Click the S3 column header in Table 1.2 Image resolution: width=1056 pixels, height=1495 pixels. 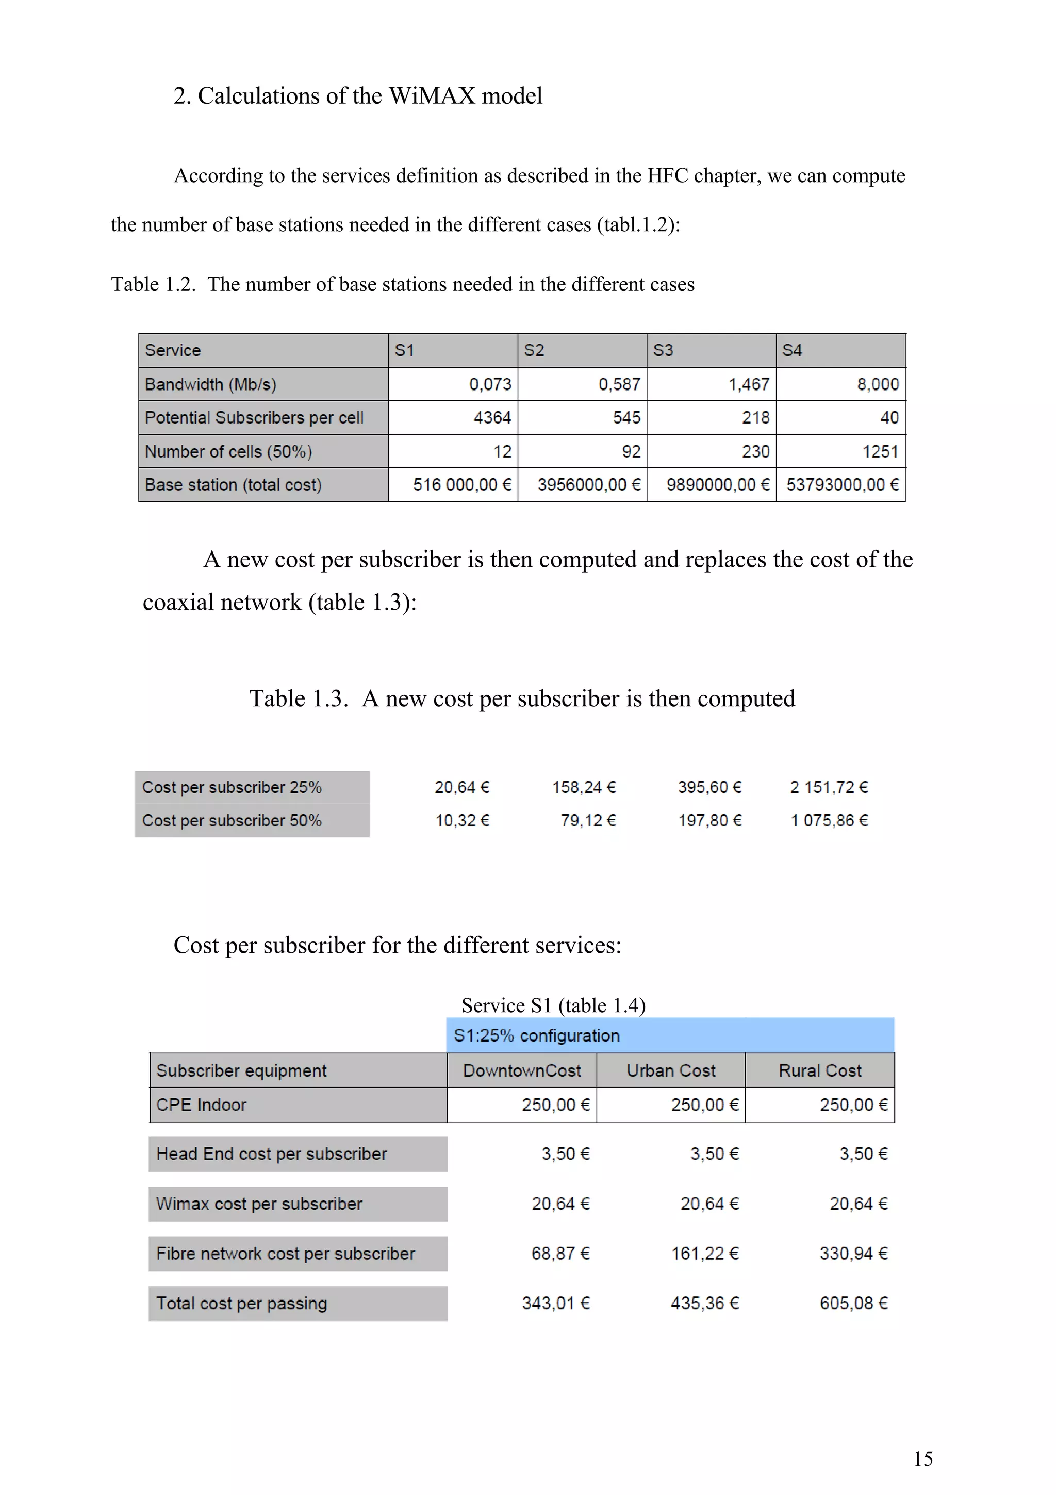click(663, 350)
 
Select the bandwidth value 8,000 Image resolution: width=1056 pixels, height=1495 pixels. click(877, 384)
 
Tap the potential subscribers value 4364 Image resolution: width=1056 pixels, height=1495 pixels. click(492, 417)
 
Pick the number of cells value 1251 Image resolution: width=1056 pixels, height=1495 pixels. click(880, 451)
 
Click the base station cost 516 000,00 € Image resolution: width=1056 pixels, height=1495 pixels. click(461, 484)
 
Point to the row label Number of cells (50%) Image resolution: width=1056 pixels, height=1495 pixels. click(228, 451)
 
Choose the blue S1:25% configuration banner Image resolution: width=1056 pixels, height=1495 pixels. click(670, 1035)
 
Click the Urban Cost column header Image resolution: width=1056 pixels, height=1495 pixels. click(670, 1070)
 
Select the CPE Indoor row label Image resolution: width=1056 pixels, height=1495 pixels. click(201, 1105)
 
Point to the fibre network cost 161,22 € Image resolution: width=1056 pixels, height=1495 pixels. click(705, 1254)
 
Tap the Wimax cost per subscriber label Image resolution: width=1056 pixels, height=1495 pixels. click(259, 1204)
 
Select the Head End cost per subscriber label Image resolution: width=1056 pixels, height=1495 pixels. click(271, 1154)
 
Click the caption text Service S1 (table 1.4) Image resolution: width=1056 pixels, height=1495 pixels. click(553, 1005)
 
